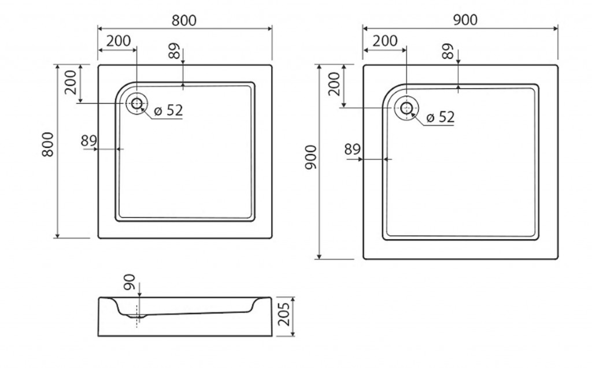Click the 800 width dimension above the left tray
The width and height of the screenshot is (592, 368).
point(184,20)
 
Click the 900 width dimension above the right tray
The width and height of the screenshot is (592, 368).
point(465,20)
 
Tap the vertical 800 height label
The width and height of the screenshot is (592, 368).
point(48,144)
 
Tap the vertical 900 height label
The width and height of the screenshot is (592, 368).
point(310,157)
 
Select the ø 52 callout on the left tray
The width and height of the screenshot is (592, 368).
point(168,110)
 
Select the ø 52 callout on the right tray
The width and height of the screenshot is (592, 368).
point(440,117)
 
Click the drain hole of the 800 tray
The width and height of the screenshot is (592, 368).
point(136,103)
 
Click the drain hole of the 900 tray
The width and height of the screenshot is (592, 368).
point(406,108)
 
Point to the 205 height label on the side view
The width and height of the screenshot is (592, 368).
point(283,314)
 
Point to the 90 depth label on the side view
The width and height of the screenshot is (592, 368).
point(129,282)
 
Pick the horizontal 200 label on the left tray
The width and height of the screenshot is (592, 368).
point(119,41)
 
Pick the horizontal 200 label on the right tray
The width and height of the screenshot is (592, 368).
point(385,41)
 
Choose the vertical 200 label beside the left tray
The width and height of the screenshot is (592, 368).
point(71,82)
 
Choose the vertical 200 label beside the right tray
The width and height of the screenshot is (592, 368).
point(334,84)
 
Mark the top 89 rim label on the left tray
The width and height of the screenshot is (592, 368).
point(174,51)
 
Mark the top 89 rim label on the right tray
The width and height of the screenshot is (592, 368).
point(447,51)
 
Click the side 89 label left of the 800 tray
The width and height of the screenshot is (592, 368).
point(89,141)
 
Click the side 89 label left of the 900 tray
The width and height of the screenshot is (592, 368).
point(353,150)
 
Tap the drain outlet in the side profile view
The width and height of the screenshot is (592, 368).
point(136,315)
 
